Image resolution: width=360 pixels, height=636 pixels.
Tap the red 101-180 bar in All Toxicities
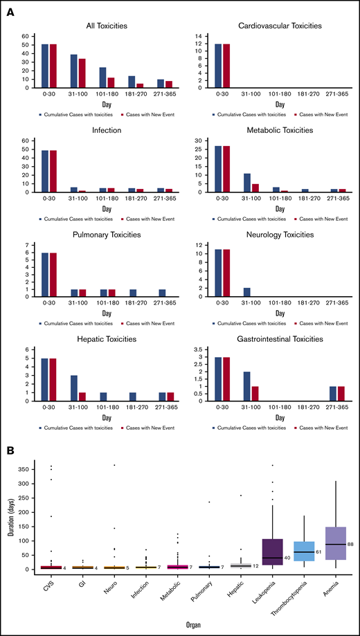[x=111, y=83]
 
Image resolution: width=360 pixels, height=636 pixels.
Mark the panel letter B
[x=10, y=449]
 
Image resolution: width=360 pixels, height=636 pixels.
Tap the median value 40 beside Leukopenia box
[x=287, y=558]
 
